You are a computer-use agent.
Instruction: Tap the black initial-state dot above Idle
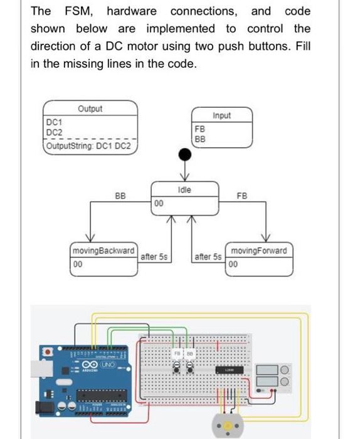pyautogui.click(x=184, y=154)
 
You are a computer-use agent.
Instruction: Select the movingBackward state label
pyautogui.click(x=103, y=251)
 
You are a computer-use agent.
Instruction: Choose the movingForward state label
pyautogui.click(x=258, y=251)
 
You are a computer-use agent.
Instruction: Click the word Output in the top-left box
pyautogui.click(x=90, y=108)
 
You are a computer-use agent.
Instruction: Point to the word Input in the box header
pyautogui.click(x=221, y=115)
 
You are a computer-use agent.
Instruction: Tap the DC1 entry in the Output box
pyautogui.click(x=55, y=122)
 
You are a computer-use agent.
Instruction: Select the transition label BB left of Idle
pyautogui.click(x=120, y=196)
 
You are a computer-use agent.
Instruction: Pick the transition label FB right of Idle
pyautogui.click(x=241, y=196)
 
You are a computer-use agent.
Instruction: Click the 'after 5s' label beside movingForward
pyautogui.click(x=208, y=257)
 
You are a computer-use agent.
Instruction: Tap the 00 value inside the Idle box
pyautogui.click(x=159, y=203)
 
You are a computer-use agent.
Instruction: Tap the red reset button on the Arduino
pyautogui.click(x=47, y=352)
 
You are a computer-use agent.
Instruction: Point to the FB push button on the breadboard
pyautogui.click(x=177, y=370)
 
